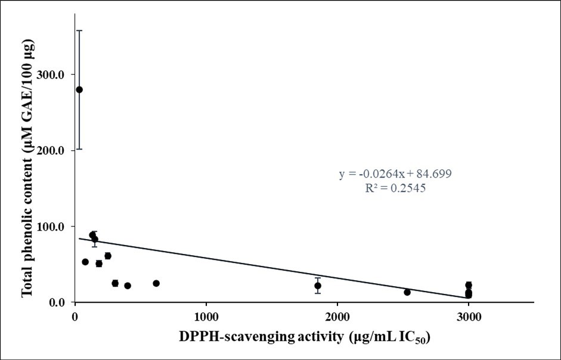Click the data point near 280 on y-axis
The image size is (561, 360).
tap(79, 89)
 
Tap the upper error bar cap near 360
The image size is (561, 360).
tap(79, 30)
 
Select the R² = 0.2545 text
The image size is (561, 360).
tap(390, 188)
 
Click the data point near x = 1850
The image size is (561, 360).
tap(318, 285)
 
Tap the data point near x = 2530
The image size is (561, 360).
tap(407, 292)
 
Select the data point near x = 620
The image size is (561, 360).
tap(156, 283)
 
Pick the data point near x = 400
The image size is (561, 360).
tap(128, 285)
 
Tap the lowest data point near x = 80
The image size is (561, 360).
tap(85, 262)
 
